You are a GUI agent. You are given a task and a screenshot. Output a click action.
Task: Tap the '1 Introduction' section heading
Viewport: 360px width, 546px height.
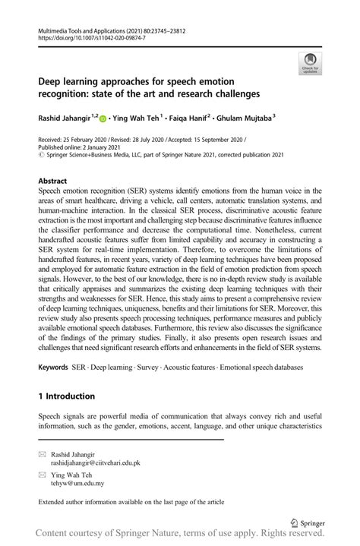67,396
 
